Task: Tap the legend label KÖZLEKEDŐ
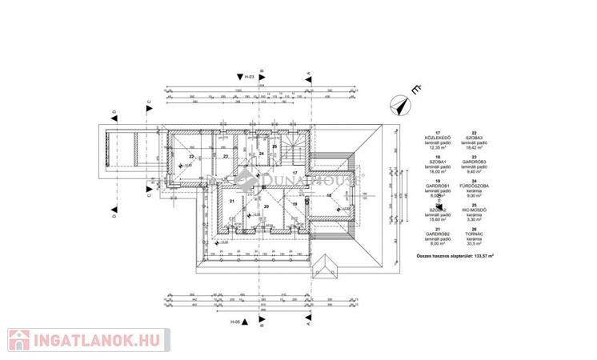pyautogui.click(x=438, y=138)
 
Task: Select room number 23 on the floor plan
pyautogui.click(x=226, y=156)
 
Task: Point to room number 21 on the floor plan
pyautogui.click(x=231, y=201)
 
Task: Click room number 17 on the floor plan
pyautogui.click(x=294, y=173)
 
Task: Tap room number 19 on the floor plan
pyautogui.click(x=294, y=205)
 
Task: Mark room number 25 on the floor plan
pyautogui.click(x=274, y=146)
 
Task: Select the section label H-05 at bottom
pyautogui.click(x=235, y=321)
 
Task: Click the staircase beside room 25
pyautogui.click(x=294, y=149)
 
